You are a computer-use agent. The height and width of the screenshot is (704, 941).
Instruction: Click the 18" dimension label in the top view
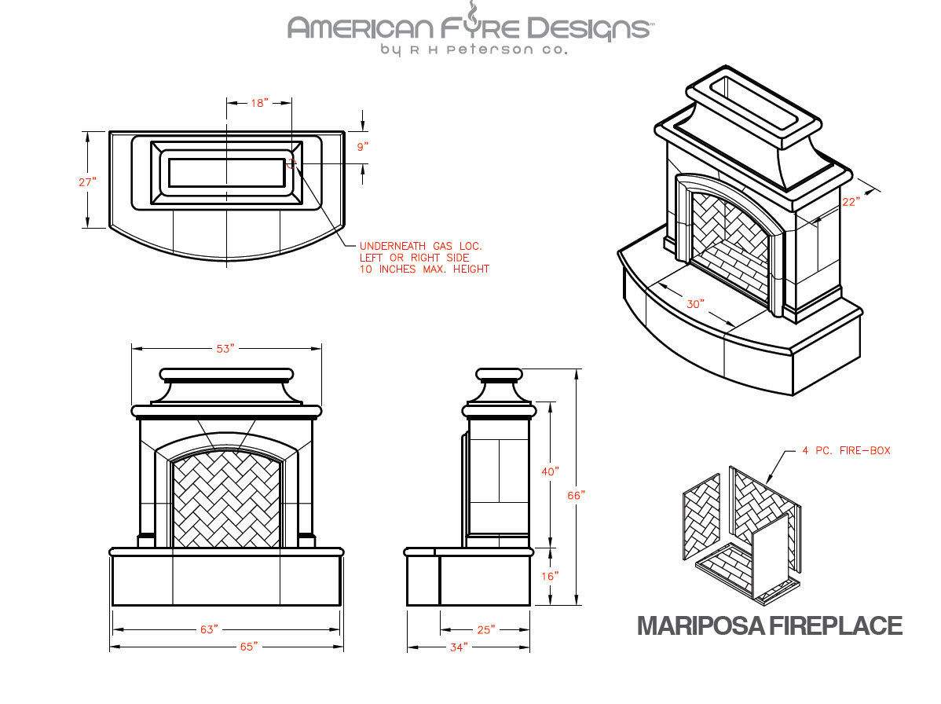pos(259,103)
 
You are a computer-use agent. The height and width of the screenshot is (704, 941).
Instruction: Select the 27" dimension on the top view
pos(88,181)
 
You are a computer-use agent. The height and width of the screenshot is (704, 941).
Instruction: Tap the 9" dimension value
pos(362,146)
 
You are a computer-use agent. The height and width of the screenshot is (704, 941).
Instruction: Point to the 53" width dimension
pos(225,349)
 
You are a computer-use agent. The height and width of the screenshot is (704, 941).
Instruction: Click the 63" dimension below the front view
pos(209,629)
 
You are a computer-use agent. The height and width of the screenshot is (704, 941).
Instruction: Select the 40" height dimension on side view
pos(550,471)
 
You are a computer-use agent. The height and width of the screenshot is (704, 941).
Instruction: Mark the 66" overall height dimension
pos(577,495)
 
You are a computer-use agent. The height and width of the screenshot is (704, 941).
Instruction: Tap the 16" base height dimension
pos(550,576)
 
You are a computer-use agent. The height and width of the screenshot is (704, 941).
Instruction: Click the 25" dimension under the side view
pos(485,629)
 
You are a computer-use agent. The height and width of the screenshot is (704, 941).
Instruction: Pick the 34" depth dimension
pos(459,647)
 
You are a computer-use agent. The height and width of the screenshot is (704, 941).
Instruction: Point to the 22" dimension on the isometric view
pos(851,201)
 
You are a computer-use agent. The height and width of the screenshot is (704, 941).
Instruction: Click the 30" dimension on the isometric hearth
pos(695,303)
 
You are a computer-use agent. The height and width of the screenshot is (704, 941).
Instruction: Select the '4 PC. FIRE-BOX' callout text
pos(846,451)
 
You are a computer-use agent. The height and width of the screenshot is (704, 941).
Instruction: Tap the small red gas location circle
pos(291,163)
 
